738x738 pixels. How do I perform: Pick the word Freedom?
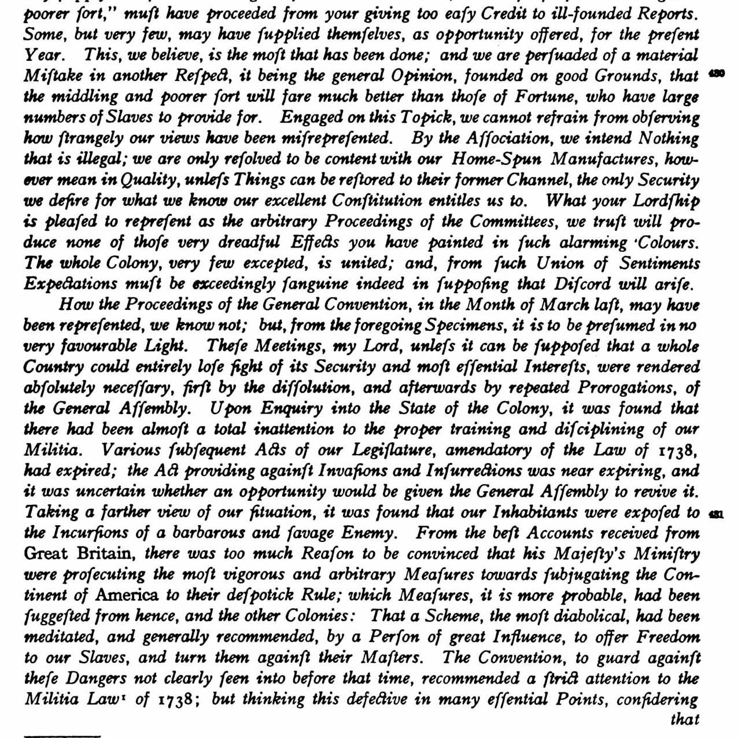pos(669,637)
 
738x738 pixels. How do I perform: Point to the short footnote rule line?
pos(62,736)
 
